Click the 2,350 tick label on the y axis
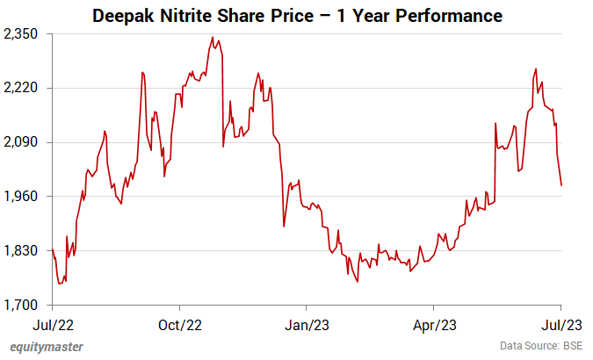(25, 33)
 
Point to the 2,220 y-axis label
(25, 88)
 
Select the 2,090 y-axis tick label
(25, 142)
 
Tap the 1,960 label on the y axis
(25, 197)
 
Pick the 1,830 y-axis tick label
(25, 251)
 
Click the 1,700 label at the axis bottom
(25, 306)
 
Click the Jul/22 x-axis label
(52, 323)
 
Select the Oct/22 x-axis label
(179, 323)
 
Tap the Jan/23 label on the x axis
(307, 323)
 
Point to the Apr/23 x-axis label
(435, 323)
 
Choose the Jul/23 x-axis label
(561, 323)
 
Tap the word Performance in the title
(448, 16)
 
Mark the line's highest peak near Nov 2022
(213, 38)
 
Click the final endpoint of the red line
(561, 185)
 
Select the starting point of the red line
(52, 250)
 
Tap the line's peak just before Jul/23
(536, 68)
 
